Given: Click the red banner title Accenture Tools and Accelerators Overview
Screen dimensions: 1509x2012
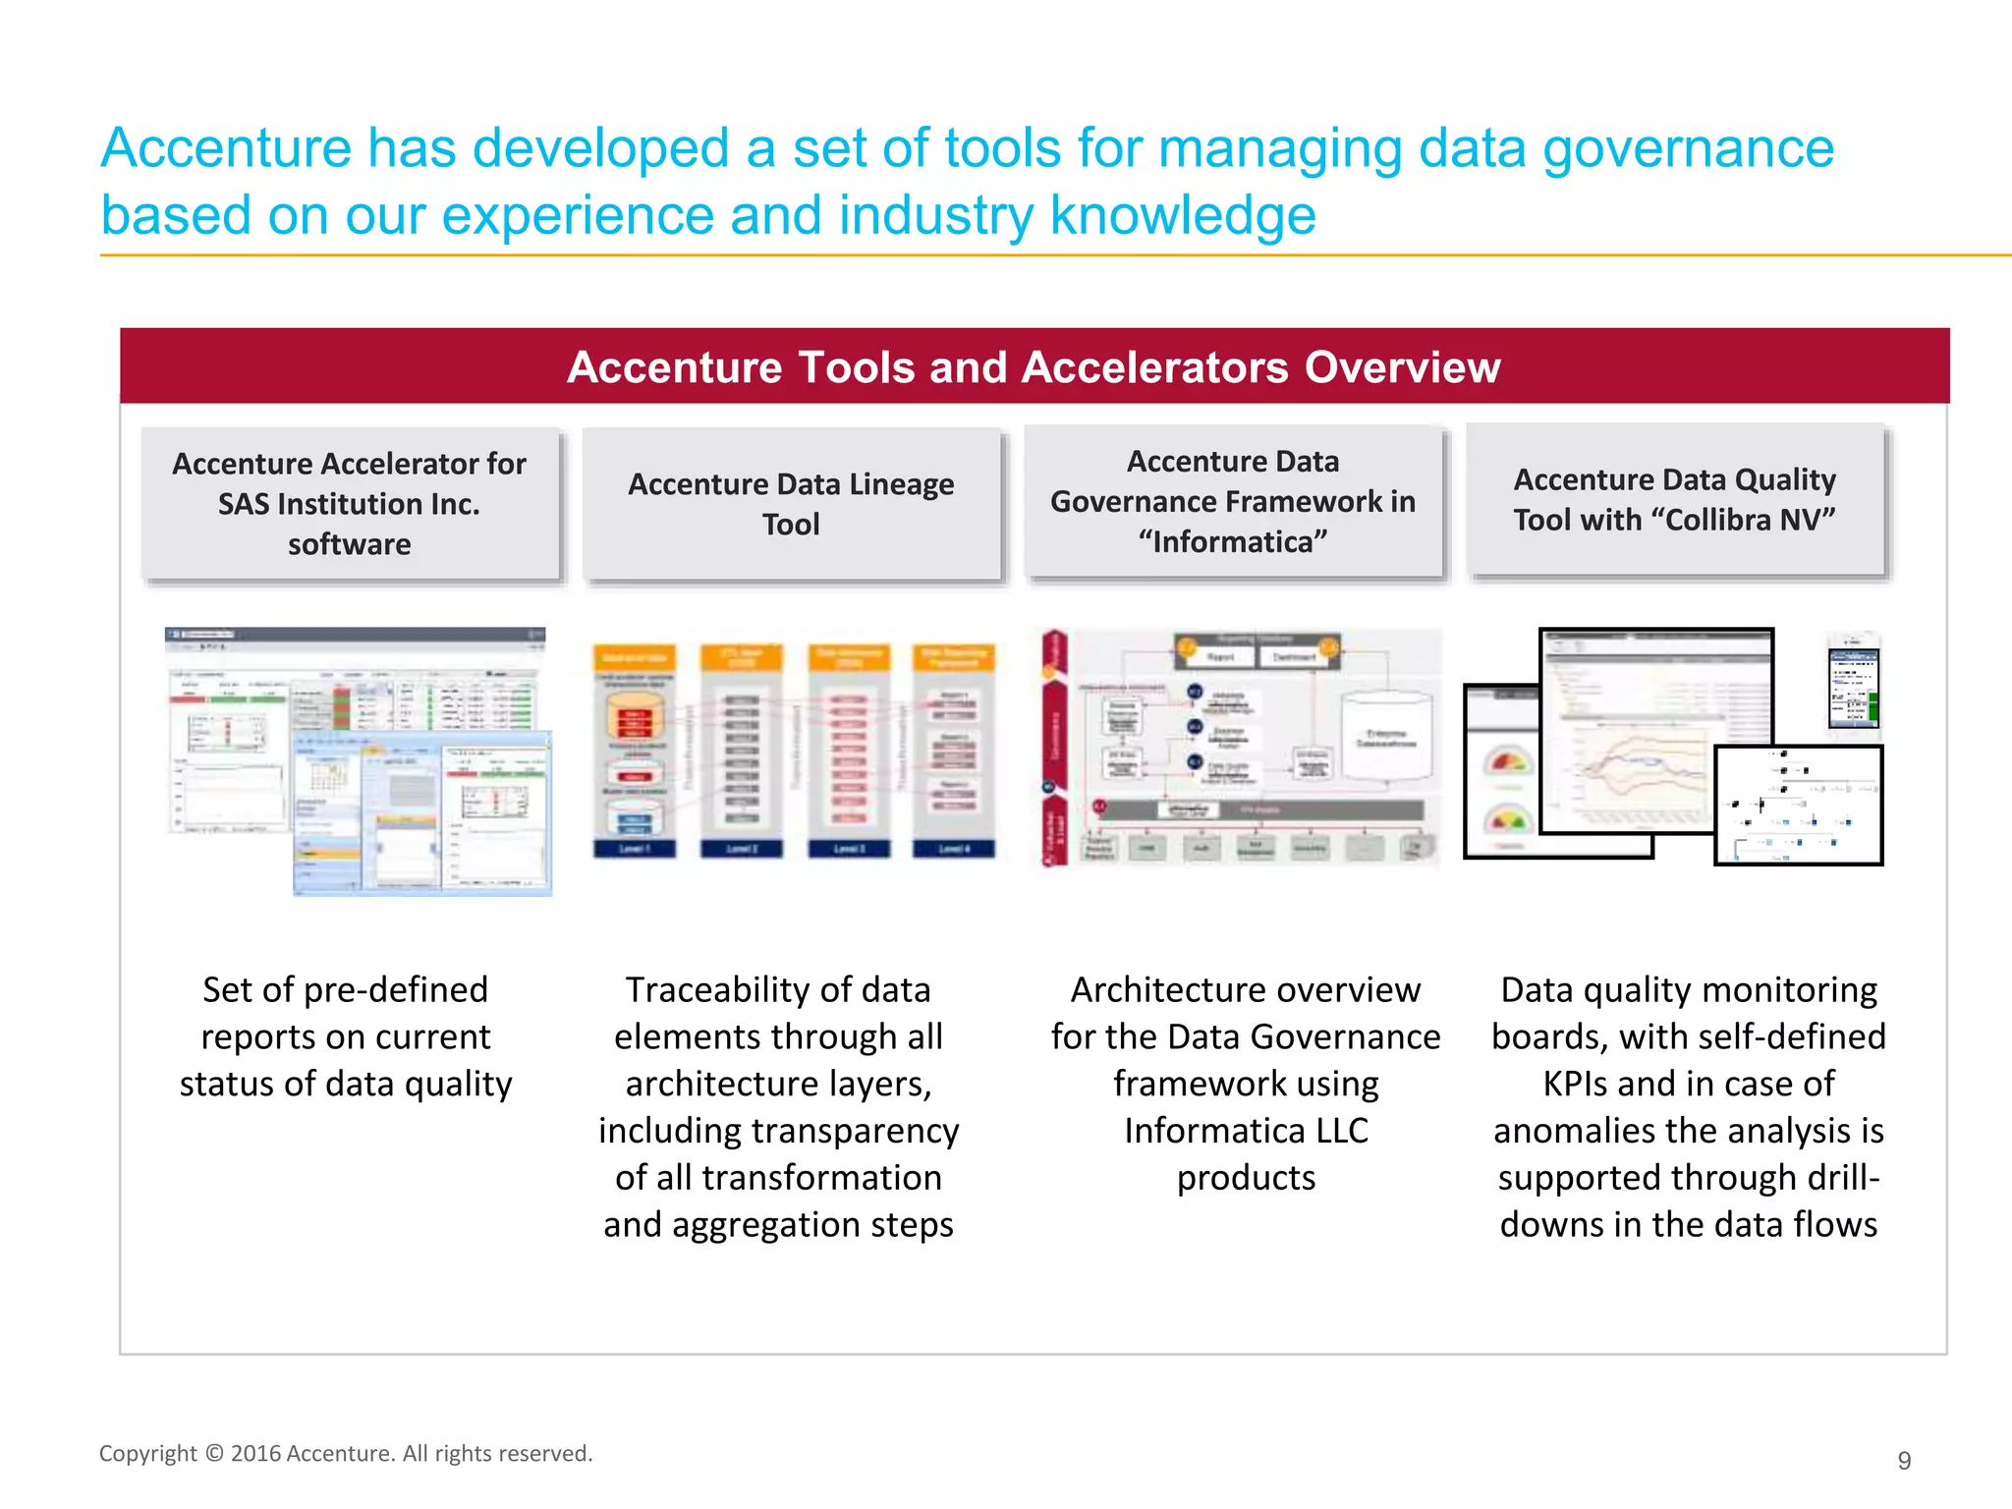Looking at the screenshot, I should pyautogui.click(x=1034, y=367).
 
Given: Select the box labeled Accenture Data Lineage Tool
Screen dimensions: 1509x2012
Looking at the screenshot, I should pyautogui.click(x=791, y=504).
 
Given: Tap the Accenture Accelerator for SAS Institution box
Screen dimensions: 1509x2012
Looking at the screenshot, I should pyautogui.click(x=350, y=504).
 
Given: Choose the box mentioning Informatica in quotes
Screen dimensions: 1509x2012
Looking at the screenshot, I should pyautogui.click(x=1233, y=502).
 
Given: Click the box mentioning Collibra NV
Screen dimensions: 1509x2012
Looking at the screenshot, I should pyautogui.click(x=1674, y=500).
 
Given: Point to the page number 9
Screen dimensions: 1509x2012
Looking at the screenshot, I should pyautogui.click(x=1904, y=1461).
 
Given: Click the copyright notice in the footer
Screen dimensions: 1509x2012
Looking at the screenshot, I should pyautogui.click(x=346, y=1453).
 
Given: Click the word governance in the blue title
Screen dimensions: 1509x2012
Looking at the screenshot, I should pyautogui.click(x=1688, y=148).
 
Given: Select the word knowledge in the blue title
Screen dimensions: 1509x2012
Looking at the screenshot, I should pyautogui.click(x=1183, y=215).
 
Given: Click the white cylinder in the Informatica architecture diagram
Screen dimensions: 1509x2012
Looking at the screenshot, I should pyautogui.click(x=1385, y=737).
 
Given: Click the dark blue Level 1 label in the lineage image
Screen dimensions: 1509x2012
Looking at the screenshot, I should pyautogui.click(x=634, y=849).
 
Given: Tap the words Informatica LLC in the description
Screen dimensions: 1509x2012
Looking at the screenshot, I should pyautogui.click(x=1246, y=1131).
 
